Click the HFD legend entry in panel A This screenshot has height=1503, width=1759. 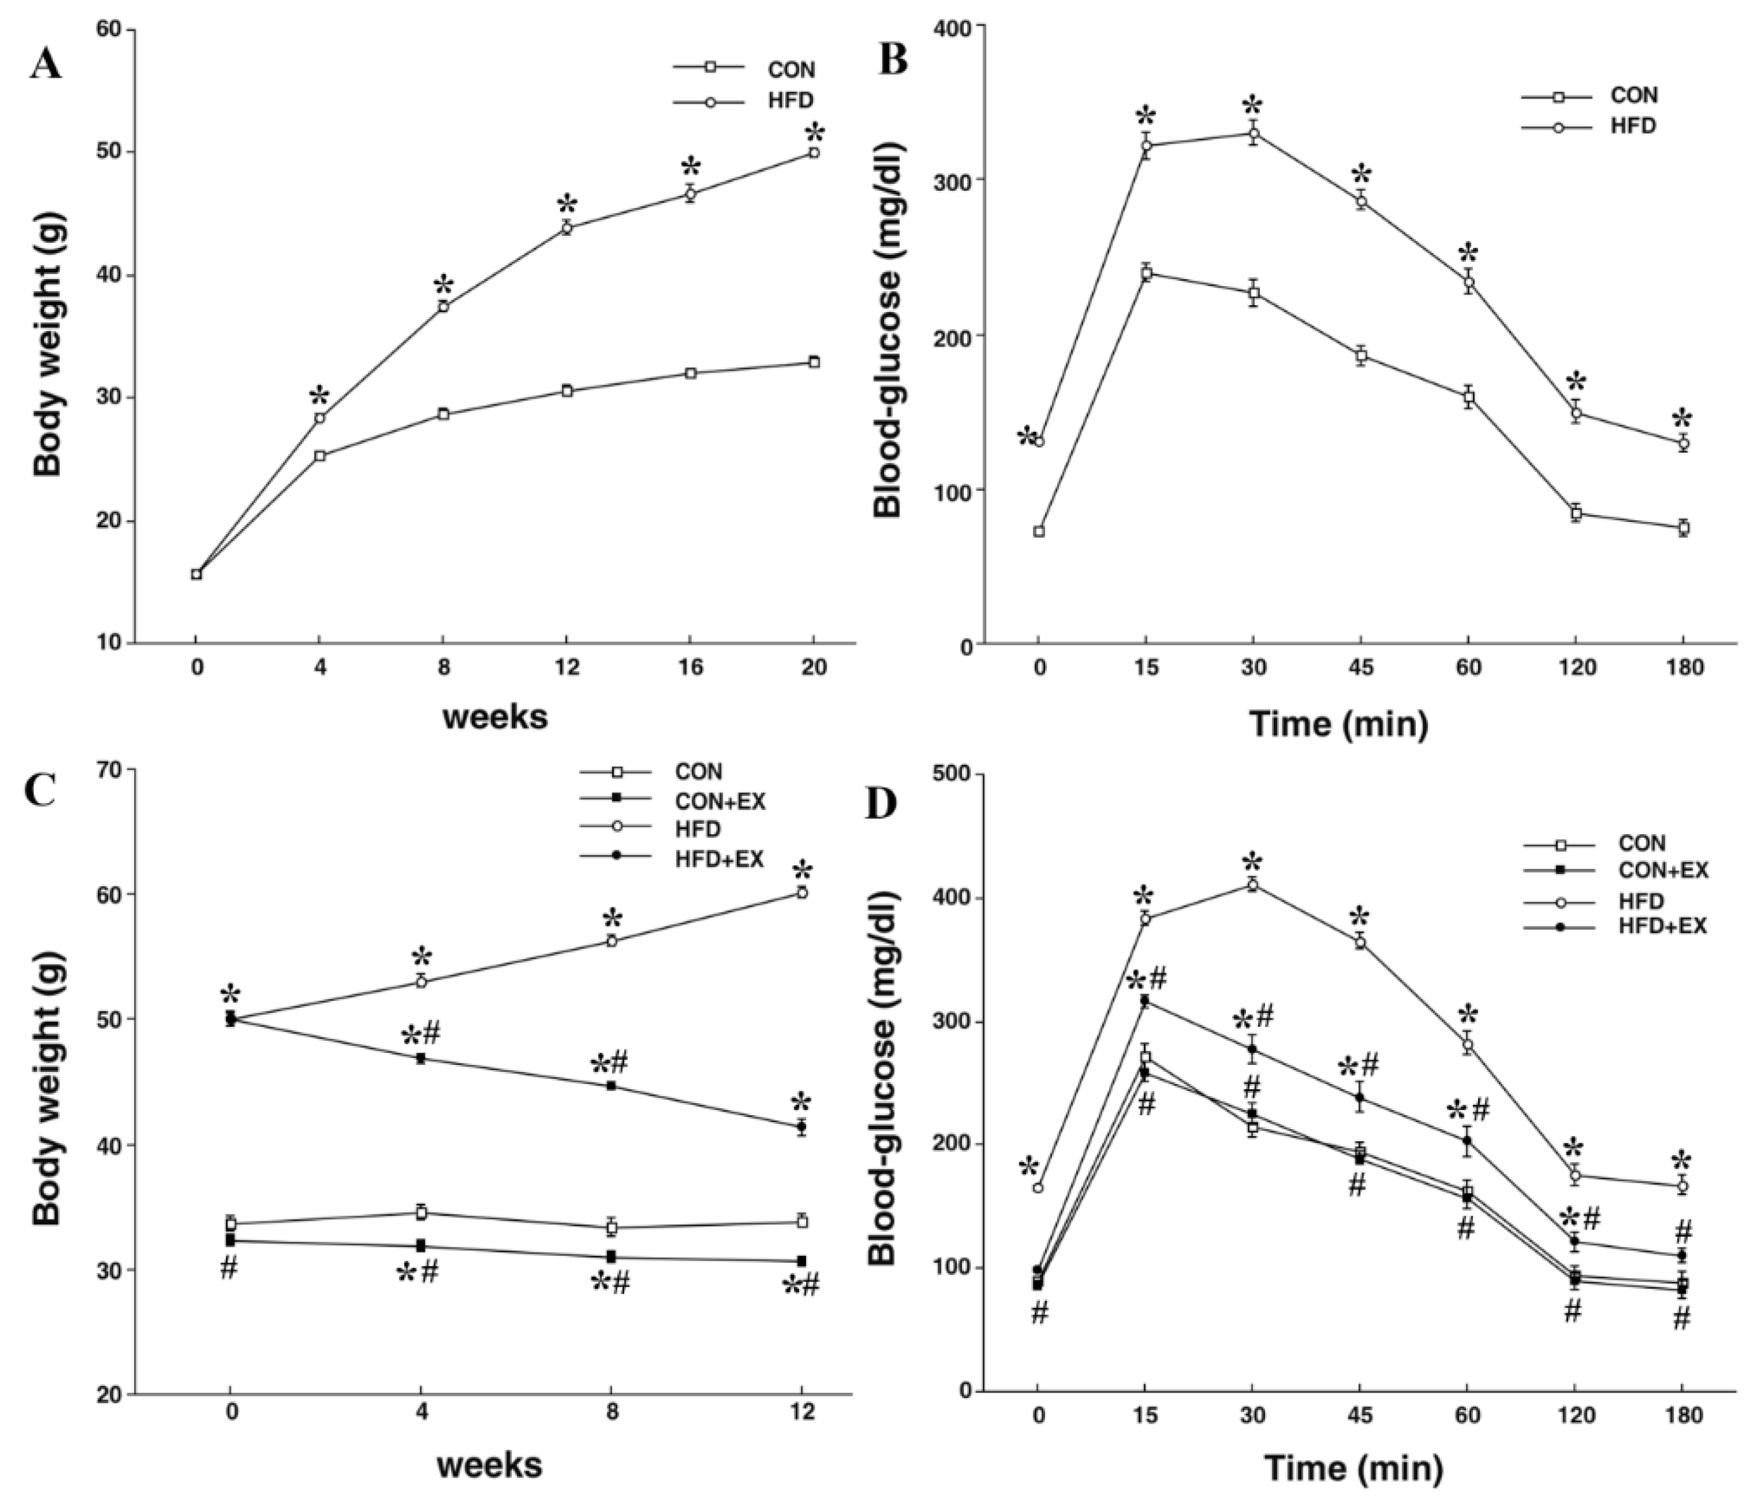(789, 101)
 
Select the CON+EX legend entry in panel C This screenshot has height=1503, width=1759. (720, 800)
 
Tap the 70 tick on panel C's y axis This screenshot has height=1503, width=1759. (111, 769)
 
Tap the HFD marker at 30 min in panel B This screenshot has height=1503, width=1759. (1253, 134)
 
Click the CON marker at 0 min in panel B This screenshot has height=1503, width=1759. (1038, 532)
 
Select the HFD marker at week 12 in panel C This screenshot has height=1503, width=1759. (802, 893)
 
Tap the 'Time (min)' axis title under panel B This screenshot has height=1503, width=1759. (1339, 724)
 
